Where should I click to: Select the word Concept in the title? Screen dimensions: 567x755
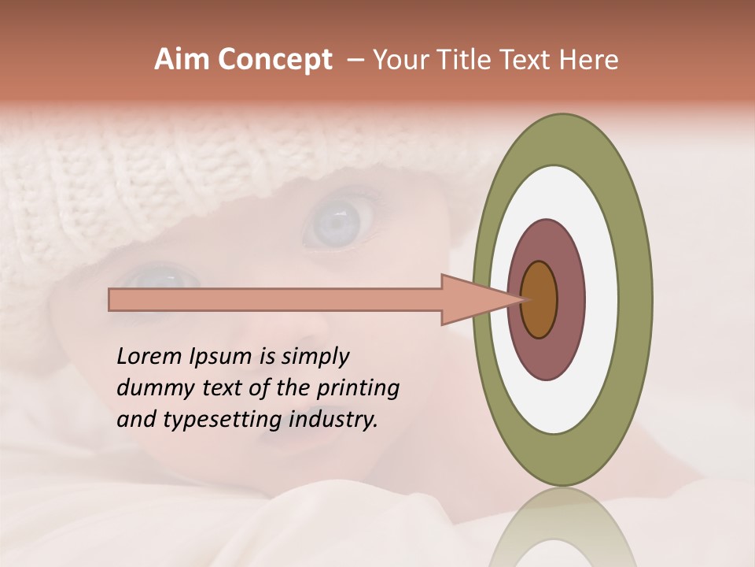pyautogui.click(x=274, y=60)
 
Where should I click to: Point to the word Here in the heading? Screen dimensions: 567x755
pyautogui.click(x=589, y=60)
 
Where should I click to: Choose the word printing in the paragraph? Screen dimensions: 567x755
pyautogui.click(x=357, y=388)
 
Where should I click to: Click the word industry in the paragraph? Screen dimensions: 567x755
pyautogui.click(x=333, y=420)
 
